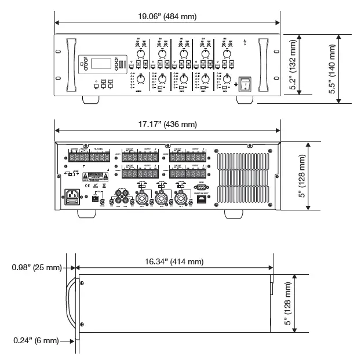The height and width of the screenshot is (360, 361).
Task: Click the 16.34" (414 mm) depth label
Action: coord(174,261)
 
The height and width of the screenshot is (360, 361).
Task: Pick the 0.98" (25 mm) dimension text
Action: coord(35,267)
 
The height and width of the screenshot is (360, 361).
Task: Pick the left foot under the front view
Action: coord(89,100)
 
